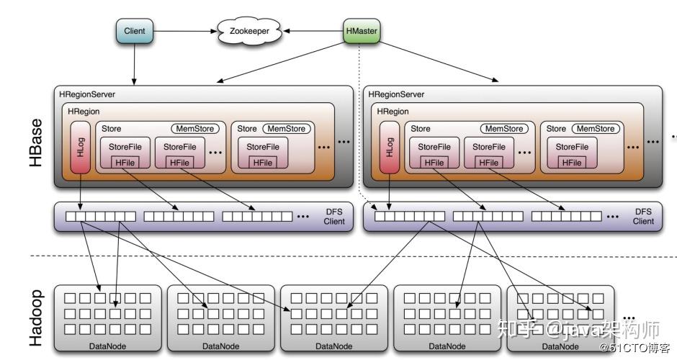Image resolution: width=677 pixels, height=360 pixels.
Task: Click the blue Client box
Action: click(135, 32)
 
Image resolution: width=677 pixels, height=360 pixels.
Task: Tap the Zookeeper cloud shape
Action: click(249, 32)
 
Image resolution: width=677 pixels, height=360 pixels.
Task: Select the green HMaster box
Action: click(361, 32)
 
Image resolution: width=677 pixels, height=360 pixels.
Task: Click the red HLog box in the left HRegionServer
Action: click(79, 148)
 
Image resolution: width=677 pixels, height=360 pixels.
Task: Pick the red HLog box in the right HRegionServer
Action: click(389, 148)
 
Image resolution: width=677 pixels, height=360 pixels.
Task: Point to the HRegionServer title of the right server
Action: click(396, 94)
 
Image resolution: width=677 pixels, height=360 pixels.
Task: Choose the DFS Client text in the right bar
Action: click(643, 216)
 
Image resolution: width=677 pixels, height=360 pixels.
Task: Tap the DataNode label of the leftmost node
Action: click(109, 346)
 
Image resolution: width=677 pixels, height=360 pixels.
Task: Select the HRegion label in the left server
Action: click(84, 112)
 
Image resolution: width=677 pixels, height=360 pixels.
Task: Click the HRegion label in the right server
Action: click(393, 112)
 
